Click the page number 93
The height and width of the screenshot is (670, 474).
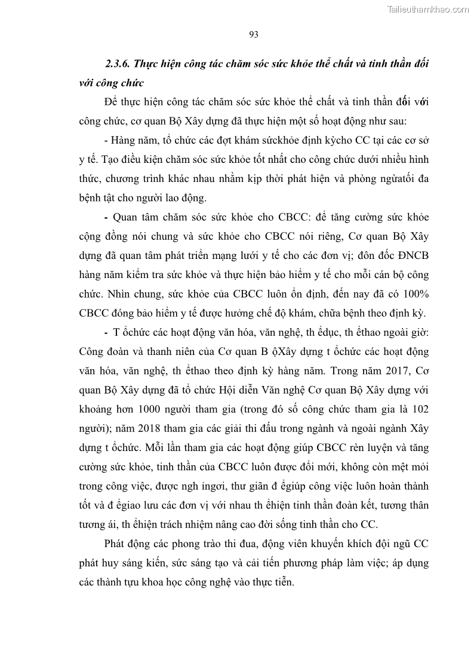pos(253,34)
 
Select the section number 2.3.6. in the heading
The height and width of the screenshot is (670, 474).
pos(119,63)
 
